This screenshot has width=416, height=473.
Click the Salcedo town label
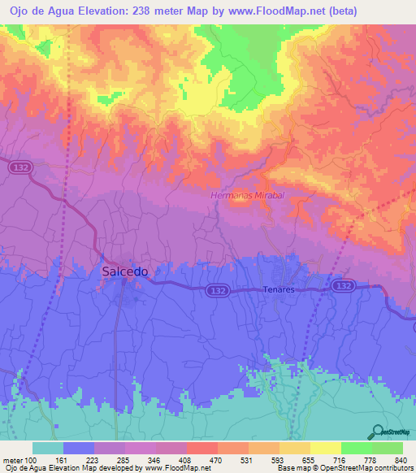(x=124, y=272)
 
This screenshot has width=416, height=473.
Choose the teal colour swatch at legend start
(x=48, y=448)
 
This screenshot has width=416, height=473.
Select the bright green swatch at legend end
(x=388, y=448)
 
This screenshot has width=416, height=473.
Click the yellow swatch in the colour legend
(x=326, y=448)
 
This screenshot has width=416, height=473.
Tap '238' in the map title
(x=146, y=10)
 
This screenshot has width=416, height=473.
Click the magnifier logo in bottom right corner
(x=376, y=431)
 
